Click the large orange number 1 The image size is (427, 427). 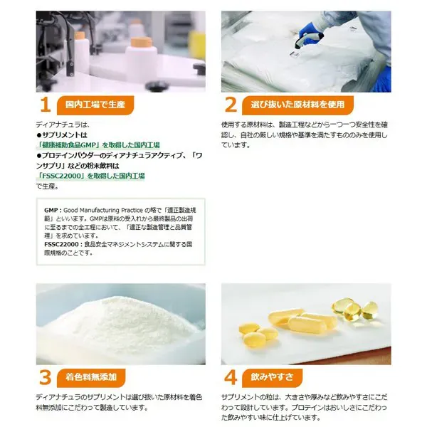[46, 105]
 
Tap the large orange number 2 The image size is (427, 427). [231, 105]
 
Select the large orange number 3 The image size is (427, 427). [46, 377]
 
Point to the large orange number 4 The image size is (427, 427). [231, 377]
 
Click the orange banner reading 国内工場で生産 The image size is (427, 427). [95, 105]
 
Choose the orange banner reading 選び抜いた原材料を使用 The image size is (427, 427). [297, 105]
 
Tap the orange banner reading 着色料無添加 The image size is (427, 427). [91, 378]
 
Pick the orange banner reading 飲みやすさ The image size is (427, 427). [272, 378]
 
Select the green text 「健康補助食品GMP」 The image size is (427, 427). [68, 145]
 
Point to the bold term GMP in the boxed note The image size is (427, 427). [51, 210]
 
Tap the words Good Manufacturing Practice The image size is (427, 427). [103, 210]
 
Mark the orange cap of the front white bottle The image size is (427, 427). [141, 42]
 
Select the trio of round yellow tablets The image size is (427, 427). [256, 334]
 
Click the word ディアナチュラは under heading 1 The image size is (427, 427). [63, 125]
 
